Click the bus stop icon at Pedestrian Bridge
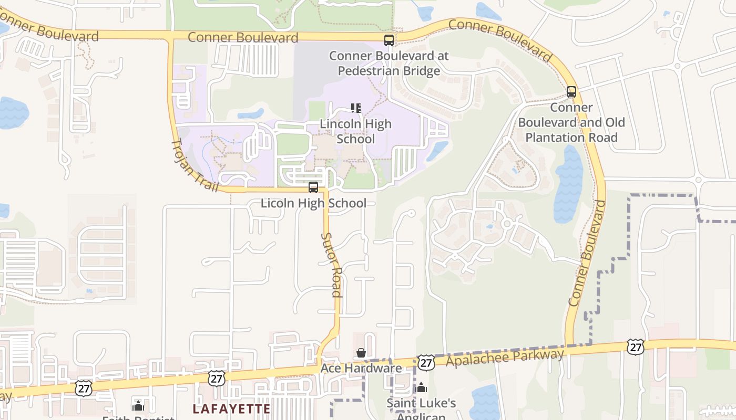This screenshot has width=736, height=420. tap(389, 40)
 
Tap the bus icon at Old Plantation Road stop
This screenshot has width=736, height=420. tap(571, 92)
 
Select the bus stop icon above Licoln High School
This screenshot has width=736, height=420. tap(313, 187)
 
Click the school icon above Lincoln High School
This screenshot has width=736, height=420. tap(356, 108)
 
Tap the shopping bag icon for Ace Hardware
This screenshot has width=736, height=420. tap(361, 353)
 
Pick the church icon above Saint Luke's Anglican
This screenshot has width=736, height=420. tap(421, 388)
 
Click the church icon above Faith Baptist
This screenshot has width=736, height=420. tap(138, 405)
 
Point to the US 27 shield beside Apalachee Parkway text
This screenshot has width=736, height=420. tap(426, 362)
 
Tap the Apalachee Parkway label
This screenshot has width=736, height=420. tap(505, 358)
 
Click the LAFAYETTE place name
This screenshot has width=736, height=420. tap(231, 408)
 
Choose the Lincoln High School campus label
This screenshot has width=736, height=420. tap(356, 131)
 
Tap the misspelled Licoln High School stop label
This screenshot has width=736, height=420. tap(313, 203)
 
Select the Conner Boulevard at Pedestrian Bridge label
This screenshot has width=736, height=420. tap(389, 63)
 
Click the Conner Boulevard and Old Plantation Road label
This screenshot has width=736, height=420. tap(571, 122)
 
